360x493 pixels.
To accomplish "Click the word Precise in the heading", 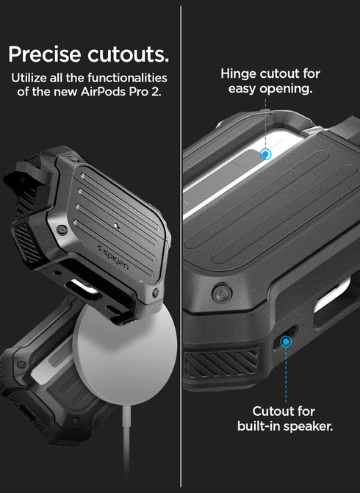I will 45,54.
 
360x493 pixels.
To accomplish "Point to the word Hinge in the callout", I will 237,73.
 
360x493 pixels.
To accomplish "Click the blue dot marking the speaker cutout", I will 285,340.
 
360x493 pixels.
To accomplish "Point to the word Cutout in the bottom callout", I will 274,411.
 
